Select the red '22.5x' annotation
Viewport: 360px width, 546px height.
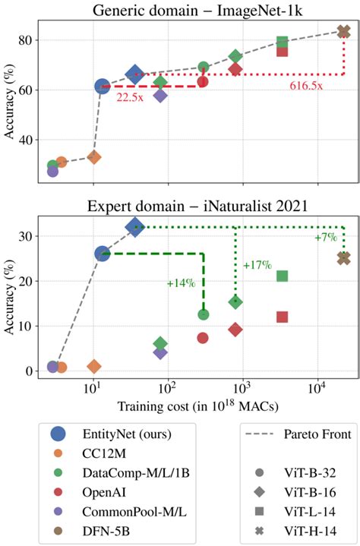131,96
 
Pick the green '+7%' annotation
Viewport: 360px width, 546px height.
326,238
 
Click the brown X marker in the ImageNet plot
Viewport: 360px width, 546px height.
343,32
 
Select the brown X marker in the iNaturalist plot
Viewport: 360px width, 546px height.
343,258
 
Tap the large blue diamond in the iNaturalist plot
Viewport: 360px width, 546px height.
135,226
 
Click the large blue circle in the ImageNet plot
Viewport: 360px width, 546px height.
103,87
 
